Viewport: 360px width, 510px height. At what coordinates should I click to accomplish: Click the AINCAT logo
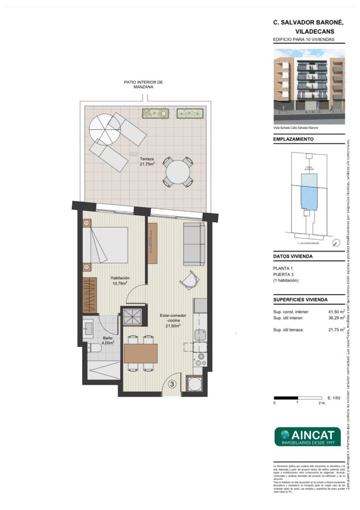pos(307,436)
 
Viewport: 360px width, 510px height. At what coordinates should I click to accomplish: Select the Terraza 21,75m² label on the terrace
pos(147,161)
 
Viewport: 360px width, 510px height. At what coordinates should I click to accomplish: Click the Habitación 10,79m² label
pos(120,281)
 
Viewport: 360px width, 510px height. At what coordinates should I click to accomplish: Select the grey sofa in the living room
pos(194,244)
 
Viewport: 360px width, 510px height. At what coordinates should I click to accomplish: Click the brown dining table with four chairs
pos(141,353)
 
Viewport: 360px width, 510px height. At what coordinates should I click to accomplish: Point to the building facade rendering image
pos(309,86)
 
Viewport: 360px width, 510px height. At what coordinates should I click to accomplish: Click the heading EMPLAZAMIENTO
pos(293,140)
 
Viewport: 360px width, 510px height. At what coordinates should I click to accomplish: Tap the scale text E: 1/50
pos(333,398)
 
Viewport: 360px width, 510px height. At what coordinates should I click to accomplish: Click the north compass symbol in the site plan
pos(335,243)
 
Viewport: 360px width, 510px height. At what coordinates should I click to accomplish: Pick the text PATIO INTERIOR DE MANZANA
pos(143,85)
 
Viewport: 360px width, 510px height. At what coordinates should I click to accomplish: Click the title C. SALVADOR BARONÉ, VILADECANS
pos(309,27)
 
